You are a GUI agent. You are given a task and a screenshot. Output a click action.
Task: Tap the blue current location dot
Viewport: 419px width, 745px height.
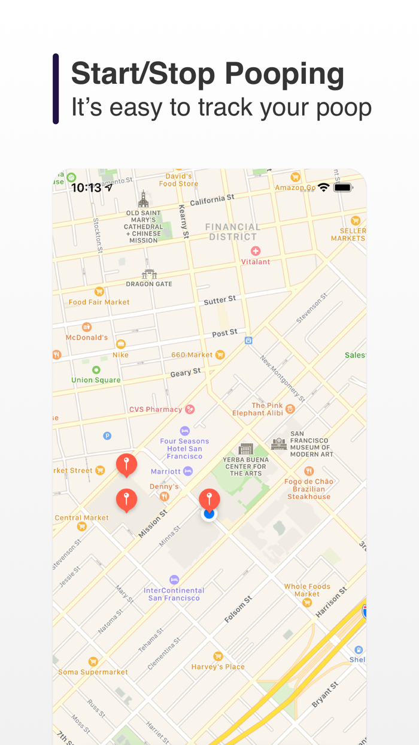[209, 514]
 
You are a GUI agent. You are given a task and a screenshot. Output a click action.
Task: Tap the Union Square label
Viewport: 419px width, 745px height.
[96, 380]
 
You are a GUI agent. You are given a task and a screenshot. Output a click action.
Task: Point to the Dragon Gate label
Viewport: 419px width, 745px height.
[149, 284]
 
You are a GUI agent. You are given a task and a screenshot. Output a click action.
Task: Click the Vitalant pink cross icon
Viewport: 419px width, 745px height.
[256, 251]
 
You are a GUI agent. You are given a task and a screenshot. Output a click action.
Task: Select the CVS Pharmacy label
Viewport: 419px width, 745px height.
[156, 410]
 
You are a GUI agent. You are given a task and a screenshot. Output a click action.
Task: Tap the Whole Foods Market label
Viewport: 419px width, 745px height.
[307, 590]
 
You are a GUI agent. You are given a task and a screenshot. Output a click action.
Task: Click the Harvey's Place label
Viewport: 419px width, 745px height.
[218, 667]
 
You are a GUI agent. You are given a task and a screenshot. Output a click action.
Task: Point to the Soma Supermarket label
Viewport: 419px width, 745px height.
[93, 672]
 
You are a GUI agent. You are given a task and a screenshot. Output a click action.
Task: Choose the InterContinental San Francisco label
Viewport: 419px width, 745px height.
[174, 594]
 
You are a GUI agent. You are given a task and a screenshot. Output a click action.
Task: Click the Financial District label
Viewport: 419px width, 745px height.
[233, 232]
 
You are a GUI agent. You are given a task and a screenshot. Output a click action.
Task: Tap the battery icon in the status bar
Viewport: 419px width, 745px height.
[343, 187]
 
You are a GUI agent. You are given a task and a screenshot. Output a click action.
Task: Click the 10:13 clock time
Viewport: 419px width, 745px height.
[86, 187]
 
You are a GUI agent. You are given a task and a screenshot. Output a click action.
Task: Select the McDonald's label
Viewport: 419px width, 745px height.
[87, 337]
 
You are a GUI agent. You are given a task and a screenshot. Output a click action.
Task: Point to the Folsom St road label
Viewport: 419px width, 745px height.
[238, 609]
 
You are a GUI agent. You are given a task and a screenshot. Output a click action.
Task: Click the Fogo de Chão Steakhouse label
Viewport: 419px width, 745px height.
[309, 489]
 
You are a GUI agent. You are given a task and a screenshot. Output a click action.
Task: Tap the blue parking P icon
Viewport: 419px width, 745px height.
[107, 436]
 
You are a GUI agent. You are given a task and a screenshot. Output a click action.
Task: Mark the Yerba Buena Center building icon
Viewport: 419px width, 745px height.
[245, 449]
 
